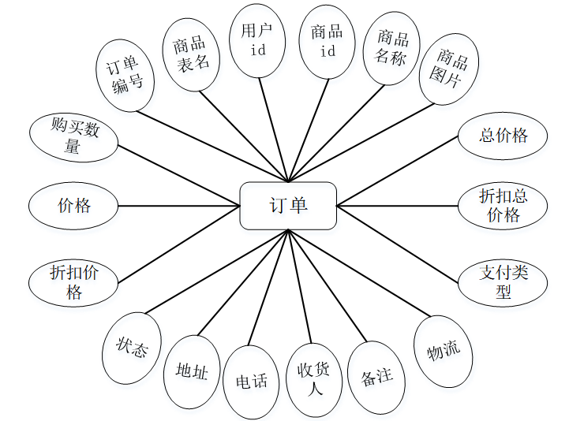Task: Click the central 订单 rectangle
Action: [288, 207]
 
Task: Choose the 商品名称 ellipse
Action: [391, 49]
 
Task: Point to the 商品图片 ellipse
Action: [448, 69]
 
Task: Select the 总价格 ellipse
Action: [503, 136]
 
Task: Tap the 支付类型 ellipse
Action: [503, 282]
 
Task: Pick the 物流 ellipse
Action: [444, 351]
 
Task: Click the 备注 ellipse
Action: [376, 376]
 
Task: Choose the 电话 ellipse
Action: [251, 382]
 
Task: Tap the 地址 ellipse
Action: [192, 371]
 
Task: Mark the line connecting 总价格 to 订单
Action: [399, 170]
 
